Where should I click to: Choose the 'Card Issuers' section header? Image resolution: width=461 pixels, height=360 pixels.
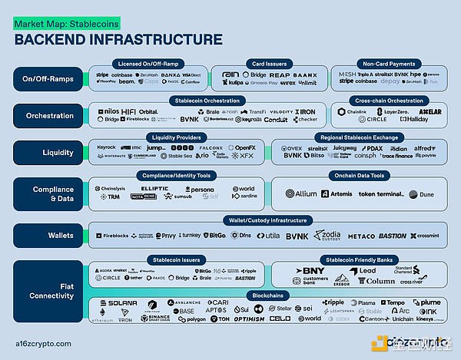pos(269,63)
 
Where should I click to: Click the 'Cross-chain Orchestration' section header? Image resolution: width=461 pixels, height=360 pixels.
pos(388,101)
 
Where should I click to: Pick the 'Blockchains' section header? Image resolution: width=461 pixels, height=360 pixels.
pos(269,295)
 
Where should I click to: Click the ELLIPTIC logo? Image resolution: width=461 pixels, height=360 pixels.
pos(154,188)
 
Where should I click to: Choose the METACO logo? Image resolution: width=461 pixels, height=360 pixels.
pos(361,236)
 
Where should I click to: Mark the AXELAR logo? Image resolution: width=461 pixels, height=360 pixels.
pos(430,112)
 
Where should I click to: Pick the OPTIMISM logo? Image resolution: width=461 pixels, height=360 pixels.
pos(248,319)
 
